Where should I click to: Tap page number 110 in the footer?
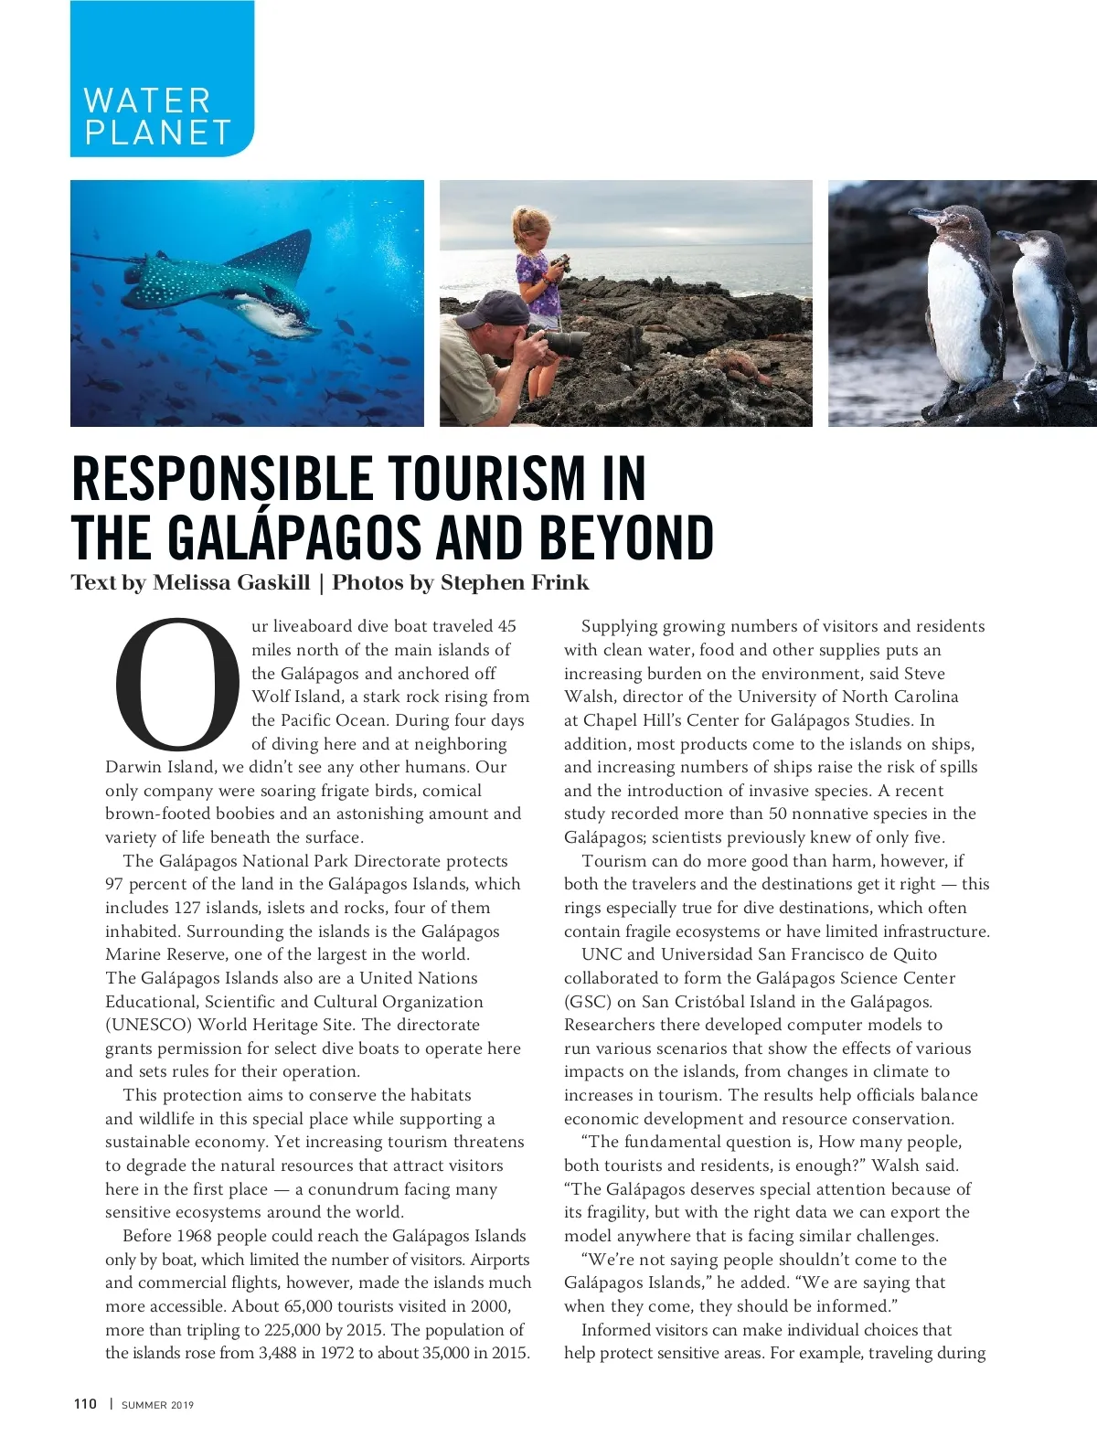pos(85,1404)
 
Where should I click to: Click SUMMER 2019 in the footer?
pos(158,1405)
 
